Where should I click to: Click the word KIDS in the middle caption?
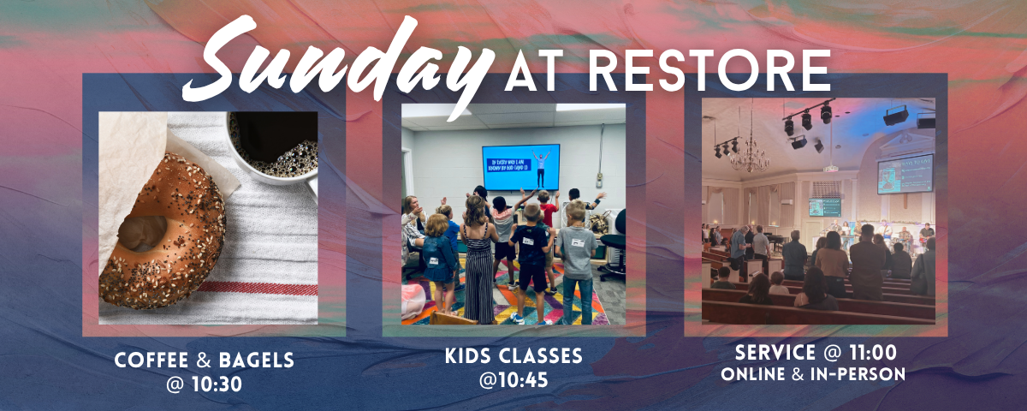click(x=468, y=354)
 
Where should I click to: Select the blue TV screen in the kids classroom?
click(x=520, y=166)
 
